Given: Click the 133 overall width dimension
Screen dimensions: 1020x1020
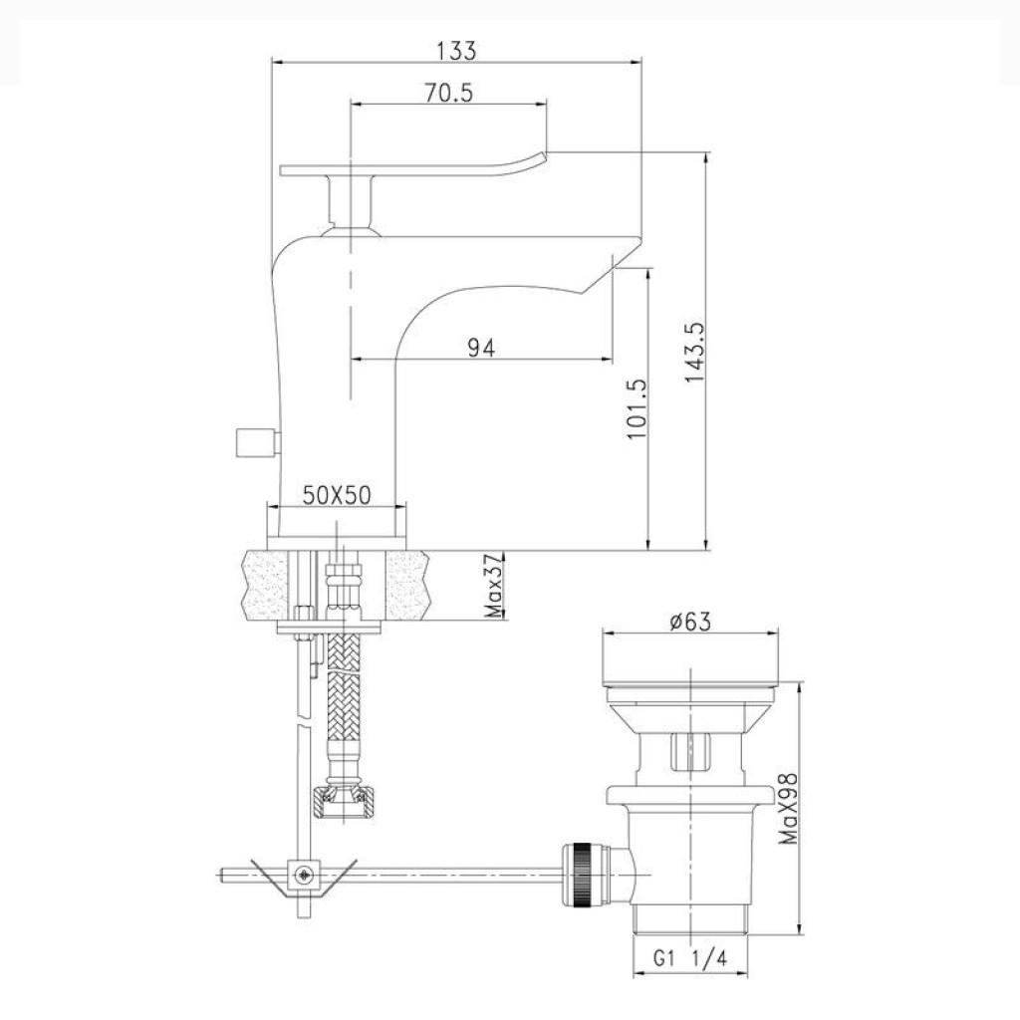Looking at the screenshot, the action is tap(456, 51).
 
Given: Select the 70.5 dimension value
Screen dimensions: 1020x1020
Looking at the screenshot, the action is tap(449, 93).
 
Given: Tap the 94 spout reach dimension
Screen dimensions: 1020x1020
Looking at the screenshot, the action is tap(481, 348).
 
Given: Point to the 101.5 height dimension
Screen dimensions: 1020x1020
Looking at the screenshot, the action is tap(637, 409).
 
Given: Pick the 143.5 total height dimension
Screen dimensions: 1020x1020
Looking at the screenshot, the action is tap(695, 353).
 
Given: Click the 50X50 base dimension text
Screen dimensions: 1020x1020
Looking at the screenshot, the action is tap(337, 496).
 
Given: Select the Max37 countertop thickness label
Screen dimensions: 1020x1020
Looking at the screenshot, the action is tap(494, 586).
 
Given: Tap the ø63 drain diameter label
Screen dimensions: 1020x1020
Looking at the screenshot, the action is tap(691, 622).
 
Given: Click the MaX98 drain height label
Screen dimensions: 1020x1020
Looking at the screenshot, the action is tap(789, 809).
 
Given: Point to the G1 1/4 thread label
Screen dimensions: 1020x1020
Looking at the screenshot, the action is tap(690, 958).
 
